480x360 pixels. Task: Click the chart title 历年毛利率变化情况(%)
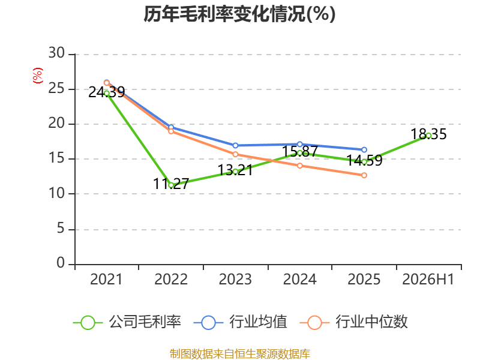coord(239,14)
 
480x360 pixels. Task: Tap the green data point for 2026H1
coord(428,136)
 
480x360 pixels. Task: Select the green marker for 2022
coord(171,185)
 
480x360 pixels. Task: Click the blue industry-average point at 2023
coord(235,145)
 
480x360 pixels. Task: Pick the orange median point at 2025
coord(364,175)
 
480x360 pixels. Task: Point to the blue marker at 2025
coord(364,149)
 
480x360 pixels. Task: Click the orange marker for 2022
coord(171,131)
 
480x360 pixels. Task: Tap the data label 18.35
coord(428,134)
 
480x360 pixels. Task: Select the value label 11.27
coord(171,184)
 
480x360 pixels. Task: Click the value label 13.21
coord(235,170)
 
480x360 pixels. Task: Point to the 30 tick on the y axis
coord(56,53)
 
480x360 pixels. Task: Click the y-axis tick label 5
coord(61,228)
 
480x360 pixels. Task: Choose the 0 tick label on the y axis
coord(61,263)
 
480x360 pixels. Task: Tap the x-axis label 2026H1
coord(428,280)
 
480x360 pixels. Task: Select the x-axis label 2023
coord(235,280)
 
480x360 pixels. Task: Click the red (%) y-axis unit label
coord(38,76)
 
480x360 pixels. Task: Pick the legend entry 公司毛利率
coord(127,322)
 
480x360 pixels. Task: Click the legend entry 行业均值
coord(241,322)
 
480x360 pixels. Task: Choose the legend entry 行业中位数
coord(354,322)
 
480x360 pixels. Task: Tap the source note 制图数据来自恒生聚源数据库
coord(240,354)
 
